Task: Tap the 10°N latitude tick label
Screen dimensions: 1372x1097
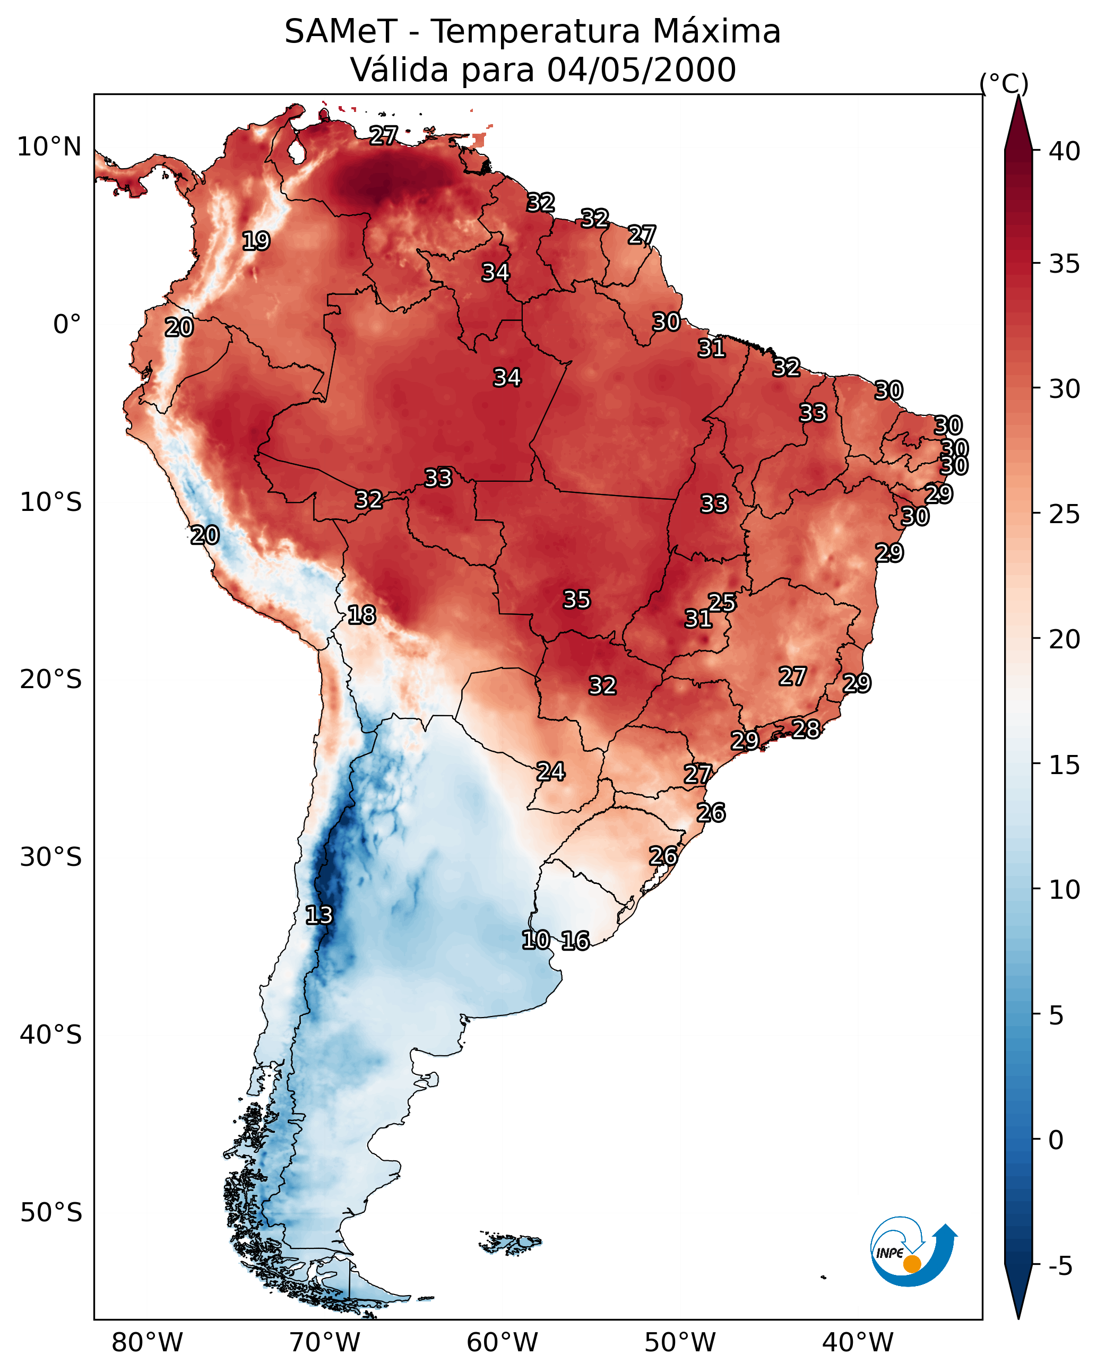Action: coord(49,147)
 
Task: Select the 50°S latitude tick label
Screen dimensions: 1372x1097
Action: coord(51,1212)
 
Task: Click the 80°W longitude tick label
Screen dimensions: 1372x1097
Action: coord(147,1342)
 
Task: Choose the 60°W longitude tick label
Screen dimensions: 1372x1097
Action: coord(503,1342)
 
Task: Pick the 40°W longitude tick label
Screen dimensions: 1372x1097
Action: coord(858,1342)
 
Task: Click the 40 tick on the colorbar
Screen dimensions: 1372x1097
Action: coord(1065,151)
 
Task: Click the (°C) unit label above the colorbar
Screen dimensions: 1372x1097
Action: coord(1004,83)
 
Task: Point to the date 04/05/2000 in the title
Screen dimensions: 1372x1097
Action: coord(641,70)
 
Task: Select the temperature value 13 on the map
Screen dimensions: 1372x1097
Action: coord(319,915)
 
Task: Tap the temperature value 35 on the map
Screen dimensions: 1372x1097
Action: coord(577,600)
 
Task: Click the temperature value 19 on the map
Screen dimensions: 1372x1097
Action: coord(256,241)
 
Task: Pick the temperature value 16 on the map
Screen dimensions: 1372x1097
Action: coord(575,941)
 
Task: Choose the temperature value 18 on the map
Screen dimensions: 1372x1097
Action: coord(361,615)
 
